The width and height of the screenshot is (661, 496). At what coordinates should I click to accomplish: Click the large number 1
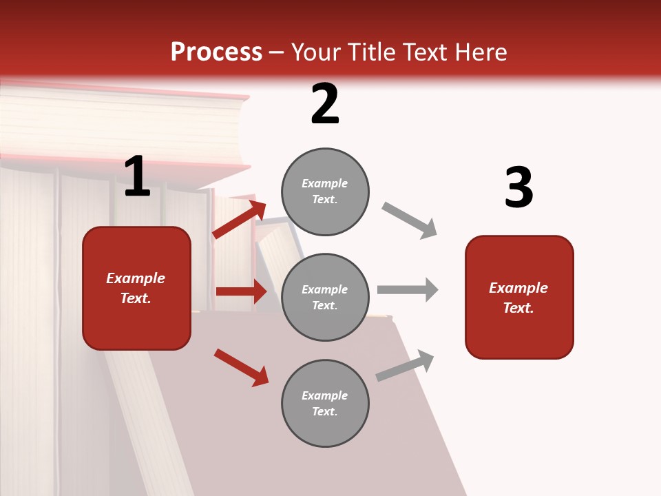click(x=137, y=176)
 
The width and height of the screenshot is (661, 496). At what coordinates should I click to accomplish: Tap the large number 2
click(x=325, y=104)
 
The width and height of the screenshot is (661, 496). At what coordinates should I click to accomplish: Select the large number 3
click(x=518, y=188)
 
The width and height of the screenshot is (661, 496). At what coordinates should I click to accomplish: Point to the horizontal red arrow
click(x=241, y=291)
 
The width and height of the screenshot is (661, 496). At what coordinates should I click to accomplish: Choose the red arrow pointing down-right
click(x=241, y=367)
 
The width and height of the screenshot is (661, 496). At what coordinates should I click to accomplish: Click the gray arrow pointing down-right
click(x=410, y=220)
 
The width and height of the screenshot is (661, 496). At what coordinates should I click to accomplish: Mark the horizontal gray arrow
click(x=408, y=290)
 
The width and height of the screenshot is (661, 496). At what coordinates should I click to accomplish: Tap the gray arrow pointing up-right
click(x=405, y=365)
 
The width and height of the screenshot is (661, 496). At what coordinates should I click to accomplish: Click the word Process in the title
click(x=216, y=52)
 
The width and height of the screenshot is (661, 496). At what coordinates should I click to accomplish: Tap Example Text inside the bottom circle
click(x=325, y=404)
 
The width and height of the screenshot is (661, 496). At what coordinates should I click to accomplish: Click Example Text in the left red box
click(x=136, y=288)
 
